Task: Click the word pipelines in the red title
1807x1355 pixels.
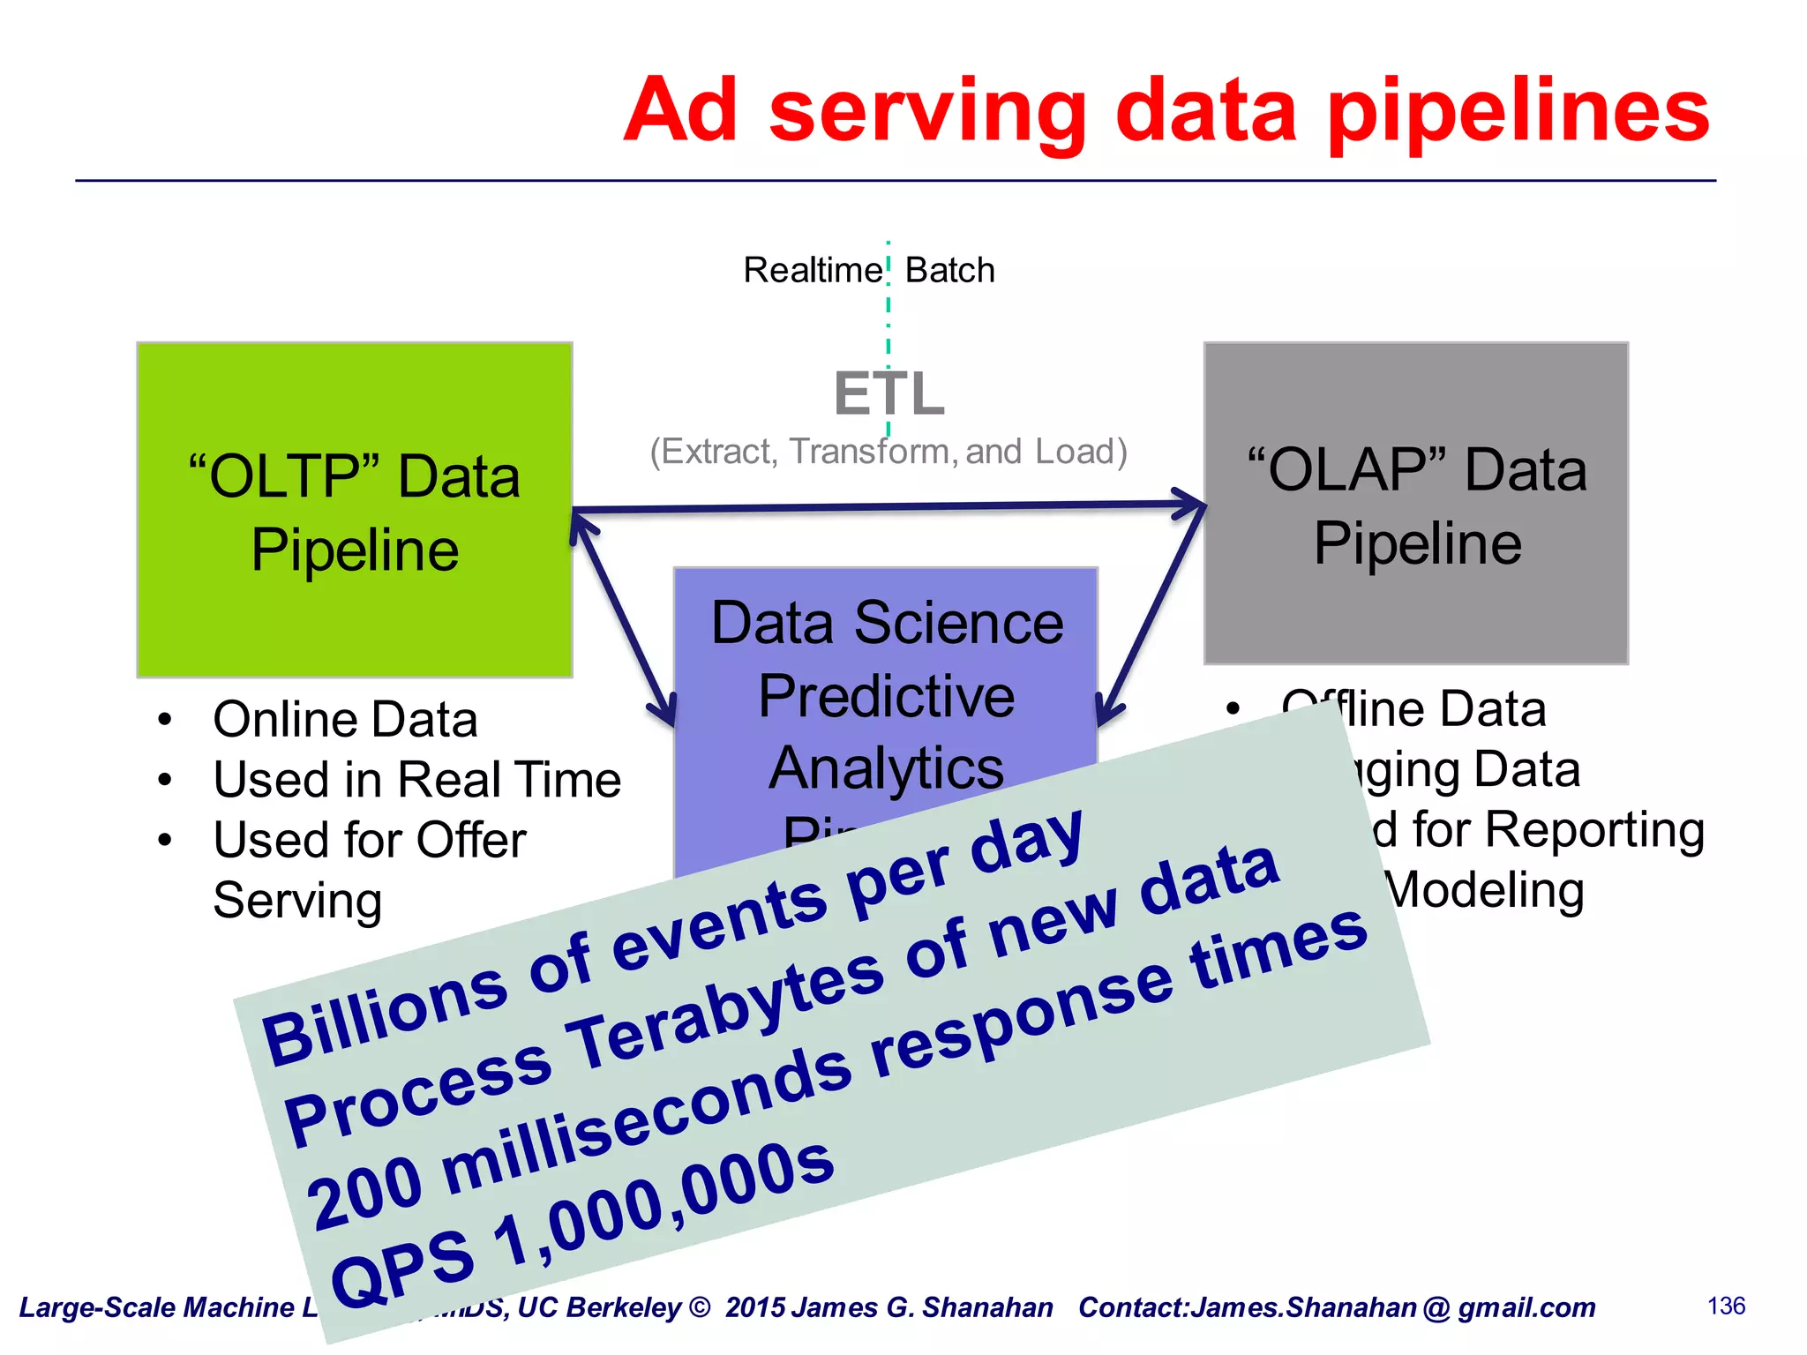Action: coord(1518,112)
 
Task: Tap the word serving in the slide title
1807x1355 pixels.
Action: coord(927,112)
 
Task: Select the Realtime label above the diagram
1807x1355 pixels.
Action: coord(812,270)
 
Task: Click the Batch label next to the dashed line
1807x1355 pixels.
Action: coord(949,270)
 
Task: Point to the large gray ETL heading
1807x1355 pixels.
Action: coord(889,393)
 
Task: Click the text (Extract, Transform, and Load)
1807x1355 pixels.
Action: coord(889,452)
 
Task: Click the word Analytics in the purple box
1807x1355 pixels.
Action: coord(887,767)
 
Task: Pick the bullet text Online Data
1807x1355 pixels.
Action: coord(345,719)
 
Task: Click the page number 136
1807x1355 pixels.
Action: coord(1726,1306)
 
